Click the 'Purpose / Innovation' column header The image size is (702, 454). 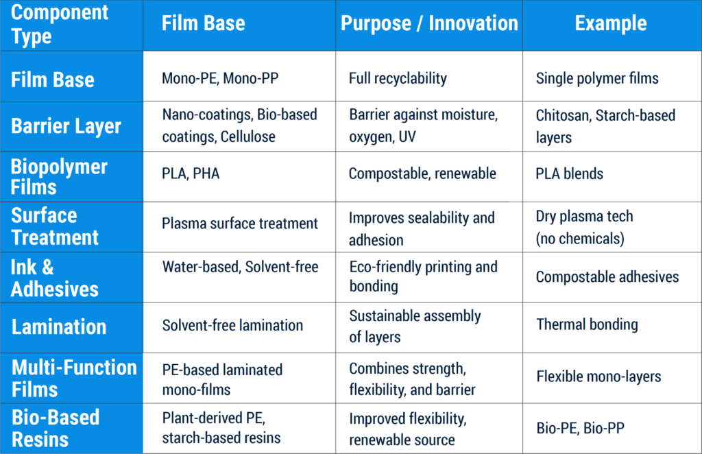(429, 24)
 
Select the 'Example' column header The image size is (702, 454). (611, 23)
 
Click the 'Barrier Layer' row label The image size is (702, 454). (66, 126)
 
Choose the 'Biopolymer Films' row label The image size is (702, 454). (59, 177)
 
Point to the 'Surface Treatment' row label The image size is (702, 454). (55, 226)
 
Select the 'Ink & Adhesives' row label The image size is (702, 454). (55, 278)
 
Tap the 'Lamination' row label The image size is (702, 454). (59, 327)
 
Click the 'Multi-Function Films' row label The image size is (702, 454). (74, 379)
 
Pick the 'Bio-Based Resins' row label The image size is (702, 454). (56, 429)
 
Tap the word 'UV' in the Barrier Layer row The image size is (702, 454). (407, 136)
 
